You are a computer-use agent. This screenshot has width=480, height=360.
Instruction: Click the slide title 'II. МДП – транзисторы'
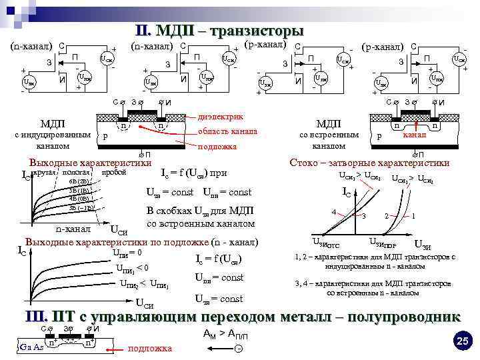click(219, 31)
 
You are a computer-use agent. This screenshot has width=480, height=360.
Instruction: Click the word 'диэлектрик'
click(221, 116)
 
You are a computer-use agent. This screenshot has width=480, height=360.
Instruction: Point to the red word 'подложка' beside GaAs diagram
click(149, 348)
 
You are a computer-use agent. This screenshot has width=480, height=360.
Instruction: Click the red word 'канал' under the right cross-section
click(415, 135)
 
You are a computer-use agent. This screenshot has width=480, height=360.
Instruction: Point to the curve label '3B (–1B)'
click(81, 207)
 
